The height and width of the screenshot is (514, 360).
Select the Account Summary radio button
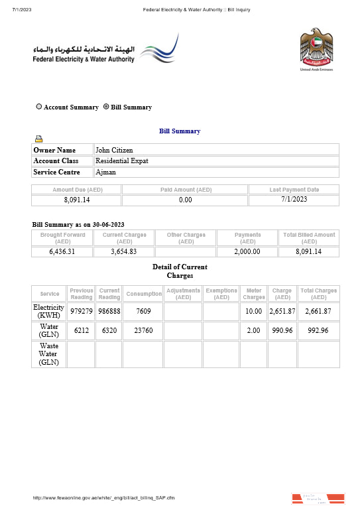click(x=39, y=107)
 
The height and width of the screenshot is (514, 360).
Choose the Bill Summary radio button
click(x=106, y=107)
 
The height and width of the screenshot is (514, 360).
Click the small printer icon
click(x=39, y=139)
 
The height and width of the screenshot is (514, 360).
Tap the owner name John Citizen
click(x=113, y=150)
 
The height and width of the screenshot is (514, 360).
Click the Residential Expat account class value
click(x=122, y=161)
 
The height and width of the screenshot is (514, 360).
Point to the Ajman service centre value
click(x=105, y=172)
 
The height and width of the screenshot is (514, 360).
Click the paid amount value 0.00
click(x=186, y=200)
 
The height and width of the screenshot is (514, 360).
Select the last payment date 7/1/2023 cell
click(x=294, y=200)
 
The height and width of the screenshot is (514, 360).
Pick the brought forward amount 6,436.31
click(x=62, y=251)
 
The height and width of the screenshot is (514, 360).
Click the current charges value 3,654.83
click(x=124, y=251)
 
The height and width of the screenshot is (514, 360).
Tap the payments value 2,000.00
click(x=247, y=251)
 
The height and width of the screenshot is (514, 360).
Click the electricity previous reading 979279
click(x=82, y=311)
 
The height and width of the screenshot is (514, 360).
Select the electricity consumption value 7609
click(x=143, y=311)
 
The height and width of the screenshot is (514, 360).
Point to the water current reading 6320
click(x=109, y=330)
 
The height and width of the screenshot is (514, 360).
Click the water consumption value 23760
click(x=143, y=330)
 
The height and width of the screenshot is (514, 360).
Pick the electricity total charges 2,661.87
click(x=318, y=311)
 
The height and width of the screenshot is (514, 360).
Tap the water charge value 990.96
click(x=282, y=330)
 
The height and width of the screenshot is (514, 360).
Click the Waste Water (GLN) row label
click(x=49, y=354)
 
